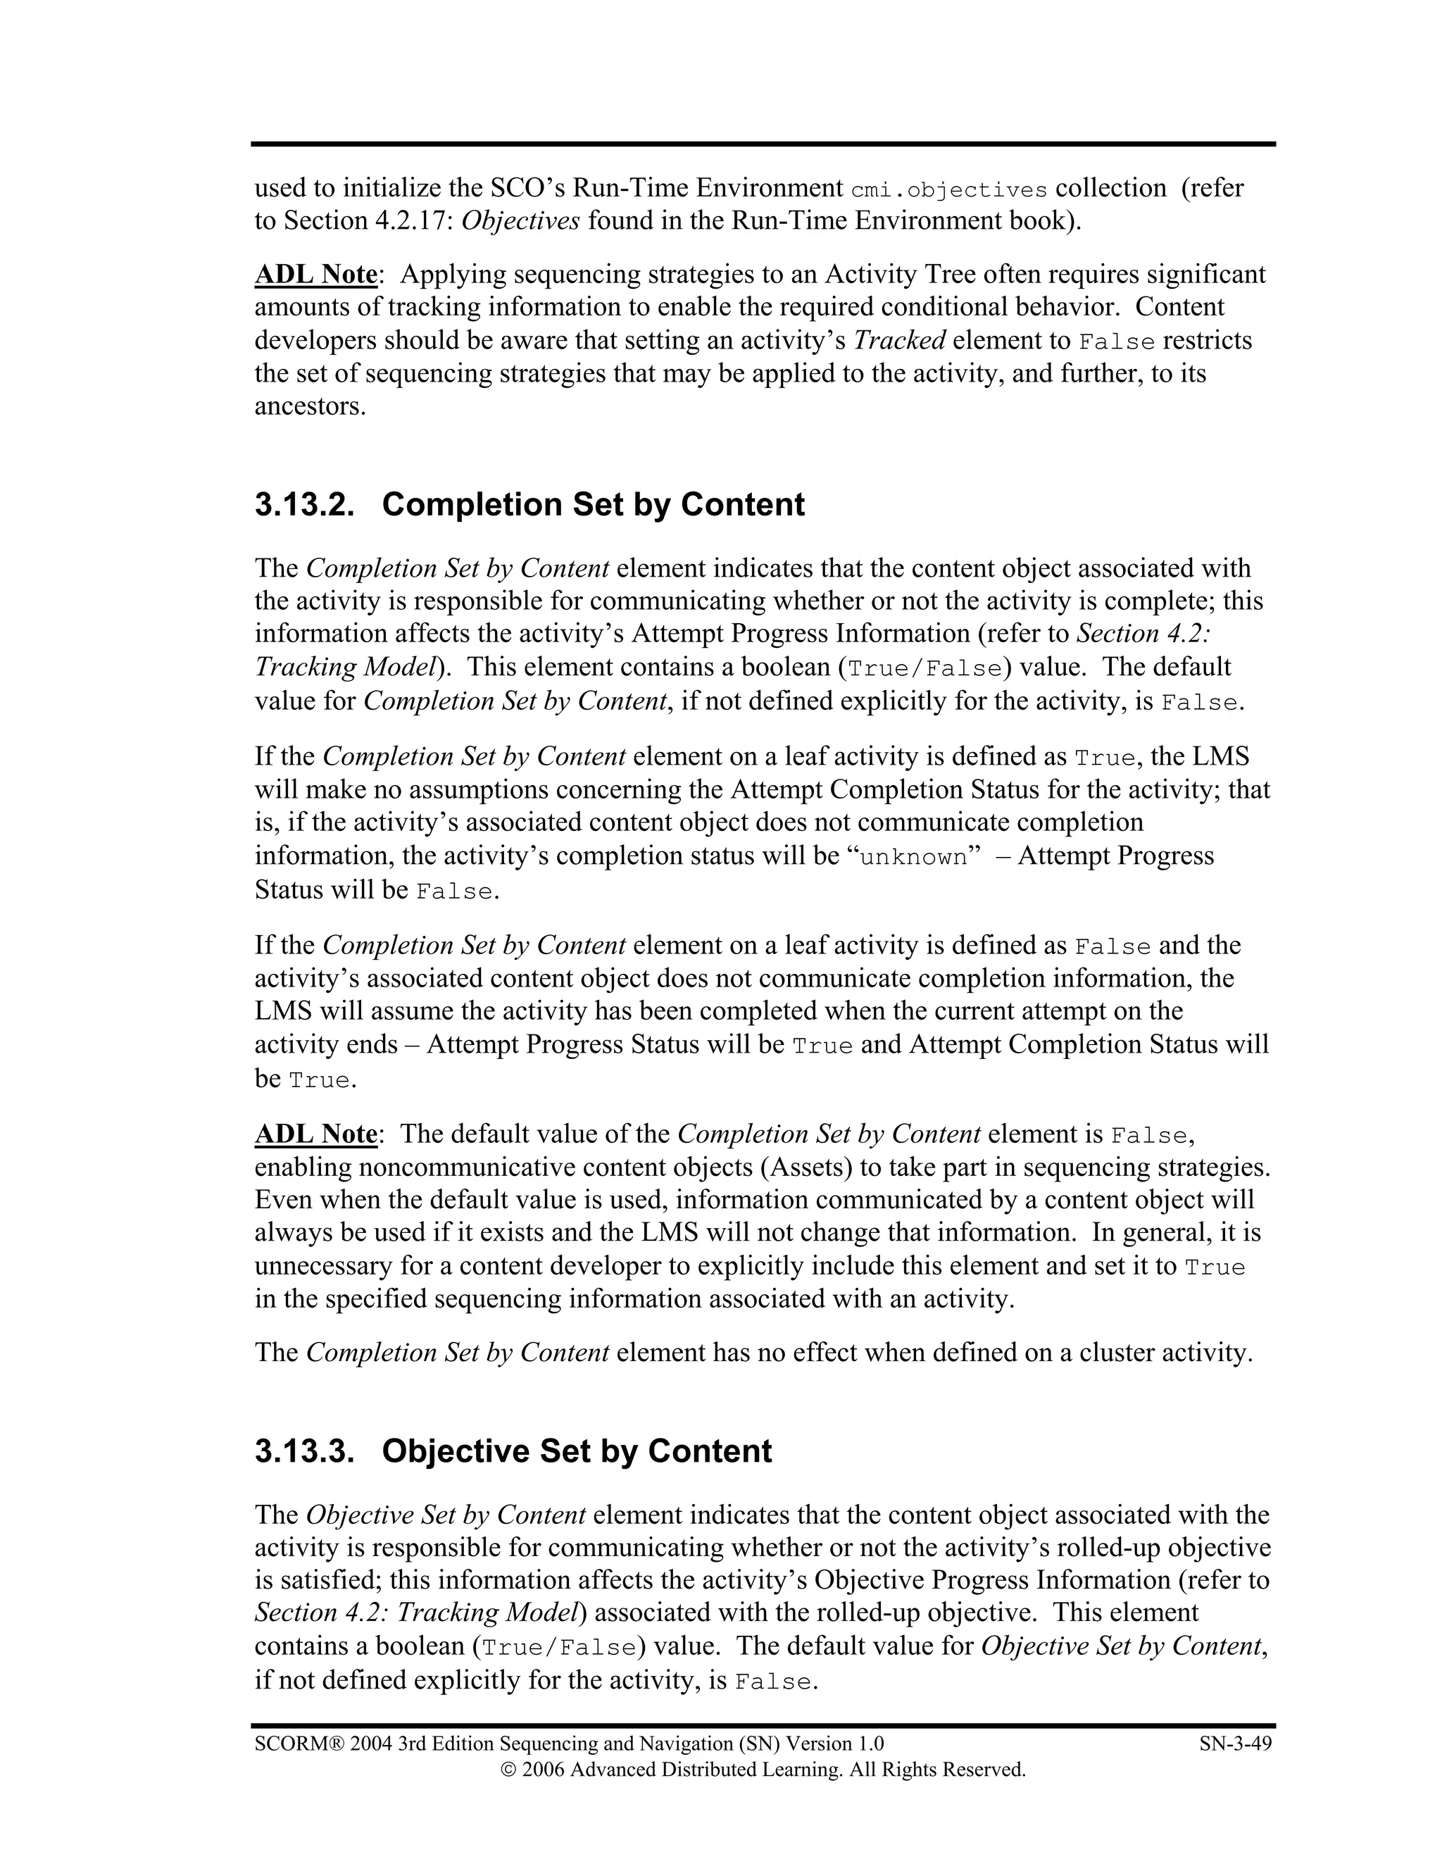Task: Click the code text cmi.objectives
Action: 949,189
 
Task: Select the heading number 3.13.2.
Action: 304,505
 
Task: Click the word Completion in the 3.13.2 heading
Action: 472,505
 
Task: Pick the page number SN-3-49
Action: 1235,1743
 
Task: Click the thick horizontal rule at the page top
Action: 763,144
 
